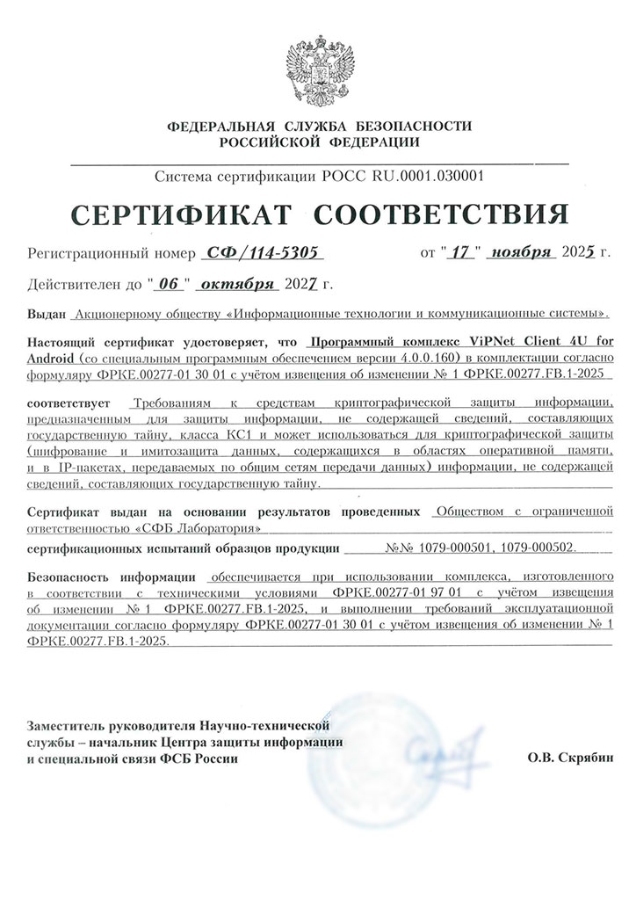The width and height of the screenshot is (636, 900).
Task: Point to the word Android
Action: [x=54, y=359]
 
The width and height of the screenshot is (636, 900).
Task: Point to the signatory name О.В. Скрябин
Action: [x=567, y=757]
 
